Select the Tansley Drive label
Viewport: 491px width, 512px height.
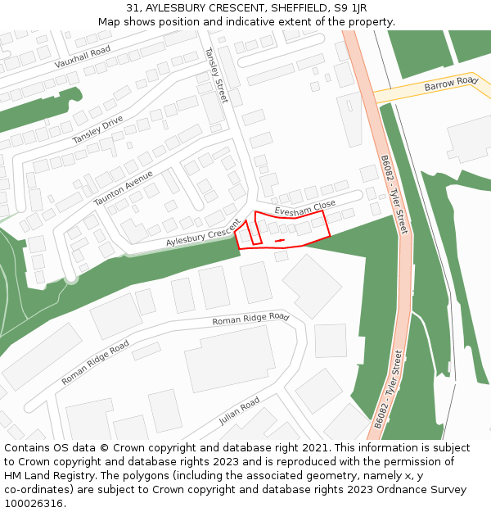click(x=97, y=129)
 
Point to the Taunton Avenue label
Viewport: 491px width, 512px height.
click(x=123, y=188)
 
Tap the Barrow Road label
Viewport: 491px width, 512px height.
click(x=450, y=84)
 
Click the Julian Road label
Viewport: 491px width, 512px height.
click(x=239, y=411)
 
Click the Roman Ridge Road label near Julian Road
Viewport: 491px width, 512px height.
click(x=250, y=319)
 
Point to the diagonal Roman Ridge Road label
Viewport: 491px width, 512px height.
click(x=95, y=363)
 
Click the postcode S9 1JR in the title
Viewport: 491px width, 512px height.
click(x=349, y=8)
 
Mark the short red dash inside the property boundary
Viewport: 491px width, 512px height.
click(x=279, y=240)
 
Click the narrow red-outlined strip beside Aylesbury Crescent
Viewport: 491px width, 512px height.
click(x=253, y=232)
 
